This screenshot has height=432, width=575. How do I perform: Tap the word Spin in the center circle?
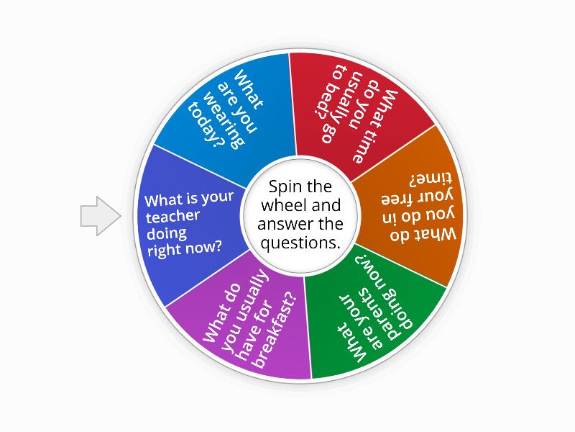pos(284,187)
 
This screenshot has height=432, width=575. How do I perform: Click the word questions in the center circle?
pos(300,243)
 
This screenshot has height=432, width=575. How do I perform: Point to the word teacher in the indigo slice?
pos(172,217)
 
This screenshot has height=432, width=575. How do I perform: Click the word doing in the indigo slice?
pos(167,234)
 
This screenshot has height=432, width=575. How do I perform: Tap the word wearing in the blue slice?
pos(224,120)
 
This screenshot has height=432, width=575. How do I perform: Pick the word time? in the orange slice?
pos(431,179)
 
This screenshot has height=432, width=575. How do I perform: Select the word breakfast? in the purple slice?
pos(275,330)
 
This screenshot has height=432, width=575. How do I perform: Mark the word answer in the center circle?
pos(282,224)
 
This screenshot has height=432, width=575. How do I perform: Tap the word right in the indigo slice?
pos(164,251)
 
